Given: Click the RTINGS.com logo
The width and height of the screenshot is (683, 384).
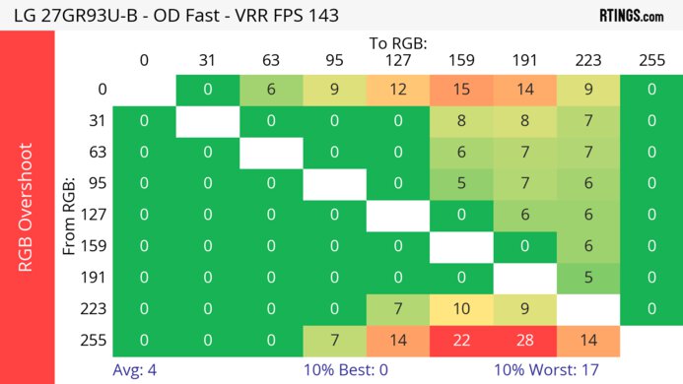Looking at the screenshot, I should pyautogui.click(x=630, y=15).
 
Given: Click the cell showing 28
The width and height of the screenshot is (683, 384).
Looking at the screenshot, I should pyautogui.click(x=524, y=340).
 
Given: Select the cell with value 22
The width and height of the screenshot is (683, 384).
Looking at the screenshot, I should pyautogui.click(x=461, y=340).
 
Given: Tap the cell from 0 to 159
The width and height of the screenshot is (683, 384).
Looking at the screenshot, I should pyautogui.click(x=461, y=90).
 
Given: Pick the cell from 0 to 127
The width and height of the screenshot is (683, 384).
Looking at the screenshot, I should pyautogui.click(x=397, y=90).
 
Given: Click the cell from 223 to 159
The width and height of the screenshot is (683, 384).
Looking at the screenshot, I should pyautogui.click(x=461, y=309).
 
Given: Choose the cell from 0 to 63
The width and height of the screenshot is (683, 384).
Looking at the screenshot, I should pyautogui.click(x=271, y=90).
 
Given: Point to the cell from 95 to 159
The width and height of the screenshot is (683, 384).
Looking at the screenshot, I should pyautogui.click(x=461, y=183).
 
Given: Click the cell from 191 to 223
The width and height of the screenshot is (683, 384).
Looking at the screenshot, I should pyautogui.click(x=588, y=277).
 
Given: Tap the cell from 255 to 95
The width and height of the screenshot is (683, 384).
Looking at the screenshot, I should pyautogui.click(x=334, y=340).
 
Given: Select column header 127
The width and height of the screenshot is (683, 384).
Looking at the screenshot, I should pyautogui.click(x=397, y=60).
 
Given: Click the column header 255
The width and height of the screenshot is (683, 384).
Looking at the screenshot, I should pyautogui.click(x=651, y=60).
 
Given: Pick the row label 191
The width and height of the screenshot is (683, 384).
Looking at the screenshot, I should pyautogui.click(x=96, y=277).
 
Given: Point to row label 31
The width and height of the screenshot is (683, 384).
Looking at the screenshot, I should pyautogui.click(x=96, y=121).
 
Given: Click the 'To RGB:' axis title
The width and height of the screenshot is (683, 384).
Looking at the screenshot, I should pyautogui.click(x=398, y=44).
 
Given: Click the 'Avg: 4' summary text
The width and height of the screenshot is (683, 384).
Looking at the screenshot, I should pyautogui.click(x=136, y=370).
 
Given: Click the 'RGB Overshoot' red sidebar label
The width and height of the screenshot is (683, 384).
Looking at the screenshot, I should pyautogui.click(x=27, y=207).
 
